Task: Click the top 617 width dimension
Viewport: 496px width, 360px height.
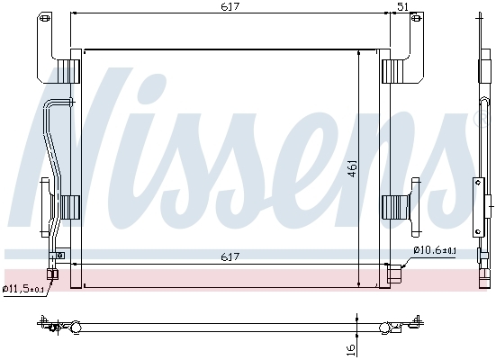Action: (x=230, y=7)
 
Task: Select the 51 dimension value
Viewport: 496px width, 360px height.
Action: (x=403, y=7)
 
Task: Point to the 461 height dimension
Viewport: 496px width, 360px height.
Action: (x=353, y=168)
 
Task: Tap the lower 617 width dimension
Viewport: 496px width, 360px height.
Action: (x=230, y=256)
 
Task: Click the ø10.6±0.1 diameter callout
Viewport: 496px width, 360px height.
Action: (x=435, y=250)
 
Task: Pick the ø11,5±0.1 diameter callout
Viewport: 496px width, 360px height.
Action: (x=23, y=289)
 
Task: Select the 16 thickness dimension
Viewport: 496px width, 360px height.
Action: (x=351, y=350)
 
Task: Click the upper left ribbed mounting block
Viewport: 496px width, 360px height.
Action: (x=68, y=71)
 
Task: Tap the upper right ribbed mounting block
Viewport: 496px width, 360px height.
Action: (x=392, y=71)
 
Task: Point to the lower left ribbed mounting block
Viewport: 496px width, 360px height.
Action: (x=69, y=208)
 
